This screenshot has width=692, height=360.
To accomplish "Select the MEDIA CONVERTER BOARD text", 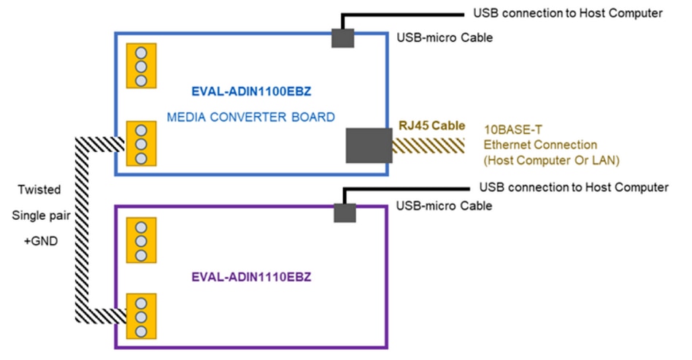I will (x=250, y=117).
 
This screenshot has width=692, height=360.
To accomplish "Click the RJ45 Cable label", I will (x=432, y=125).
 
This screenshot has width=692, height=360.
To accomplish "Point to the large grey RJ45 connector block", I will (x=369, y=145).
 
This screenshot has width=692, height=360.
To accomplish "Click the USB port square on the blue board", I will (x=343, y=39).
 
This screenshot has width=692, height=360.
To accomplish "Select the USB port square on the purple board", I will (x=344, y=212).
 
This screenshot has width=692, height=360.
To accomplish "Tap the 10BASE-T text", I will (x=510, y=130).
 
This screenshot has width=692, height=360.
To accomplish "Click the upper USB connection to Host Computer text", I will (x=568, y=13).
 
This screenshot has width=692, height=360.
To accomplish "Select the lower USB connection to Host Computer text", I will (x=573, y=188).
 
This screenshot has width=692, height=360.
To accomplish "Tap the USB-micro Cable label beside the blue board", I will (x=444, y=37).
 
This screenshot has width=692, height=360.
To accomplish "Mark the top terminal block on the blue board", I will (x=141, y=66).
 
